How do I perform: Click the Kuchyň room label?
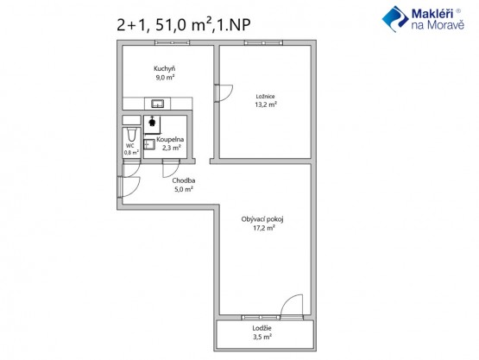(164, 68)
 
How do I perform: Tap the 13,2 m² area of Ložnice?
(266, 104)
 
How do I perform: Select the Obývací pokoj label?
(262, 219)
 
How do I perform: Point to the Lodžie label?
(262, 328)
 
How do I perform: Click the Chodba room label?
(184, 180)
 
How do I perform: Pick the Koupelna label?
(170, 140)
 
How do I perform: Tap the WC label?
(130, 146)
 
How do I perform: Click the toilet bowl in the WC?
(131, 135)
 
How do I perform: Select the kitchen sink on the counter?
(158, 104)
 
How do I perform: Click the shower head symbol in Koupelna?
(152, 122)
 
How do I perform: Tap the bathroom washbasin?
(149, 144)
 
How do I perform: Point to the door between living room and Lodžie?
(292, 305)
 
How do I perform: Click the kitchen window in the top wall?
(173, 43)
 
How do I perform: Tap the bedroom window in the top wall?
(263, 43)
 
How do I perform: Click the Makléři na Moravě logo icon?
(395, 19)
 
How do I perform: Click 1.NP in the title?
(234, 25)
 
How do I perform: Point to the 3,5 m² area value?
(262, 337)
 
